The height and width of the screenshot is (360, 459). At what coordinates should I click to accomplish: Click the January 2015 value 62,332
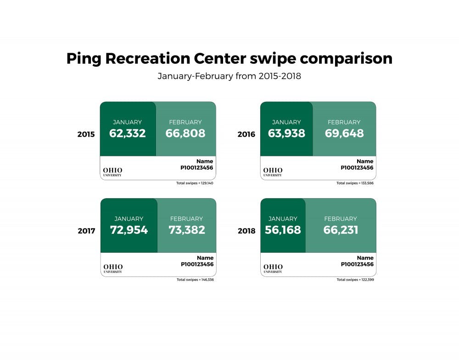tap(128, 133)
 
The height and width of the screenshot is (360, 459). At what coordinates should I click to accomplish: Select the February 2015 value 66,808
tap(185, 133)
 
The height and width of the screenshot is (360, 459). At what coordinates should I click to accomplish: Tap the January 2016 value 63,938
tap(286, 133)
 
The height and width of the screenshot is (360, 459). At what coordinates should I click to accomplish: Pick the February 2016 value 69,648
tap(344, 133)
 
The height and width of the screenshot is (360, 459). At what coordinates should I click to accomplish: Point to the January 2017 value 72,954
tap(129, 230)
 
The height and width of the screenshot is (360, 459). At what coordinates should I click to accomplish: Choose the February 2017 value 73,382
tap(186, 230)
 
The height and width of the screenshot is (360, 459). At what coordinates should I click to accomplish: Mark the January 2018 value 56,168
tap(283, 230)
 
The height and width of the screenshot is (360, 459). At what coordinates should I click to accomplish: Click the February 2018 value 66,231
tap(341, 230)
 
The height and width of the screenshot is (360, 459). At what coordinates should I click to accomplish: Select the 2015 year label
tap(86, 134)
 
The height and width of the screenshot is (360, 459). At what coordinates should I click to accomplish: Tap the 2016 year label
tap(246, 134)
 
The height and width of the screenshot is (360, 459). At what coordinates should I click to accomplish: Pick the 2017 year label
tap(86, 231)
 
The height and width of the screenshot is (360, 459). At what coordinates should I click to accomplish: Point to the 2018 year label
tap(246, 231)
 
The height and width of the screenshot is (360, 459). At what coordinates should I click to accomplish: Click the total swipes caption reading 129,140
tap(195, 183)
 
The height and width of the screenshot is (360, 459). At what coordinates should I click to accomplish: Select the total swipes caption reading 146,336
tap(195, 279)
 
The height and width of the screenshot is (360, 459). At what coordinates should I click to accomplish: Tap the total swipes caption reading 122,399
tap(355, 279)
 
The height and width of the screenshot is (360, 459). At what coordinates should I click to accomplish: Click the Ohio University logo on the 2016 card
tap(273, 172)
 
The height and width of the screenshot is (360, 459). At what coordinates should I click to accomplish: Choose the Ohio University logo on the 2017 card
tap(113, 268)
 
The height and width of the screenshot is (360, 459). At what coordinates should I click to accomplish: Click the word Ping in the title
tap(84, 59)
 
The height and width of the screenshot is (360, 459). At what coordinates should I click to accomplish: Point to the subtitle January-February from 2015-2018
tap(229, 76)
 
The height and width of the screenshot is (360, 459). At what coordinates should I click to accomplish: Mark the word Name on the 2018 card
tap(365, 258)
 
